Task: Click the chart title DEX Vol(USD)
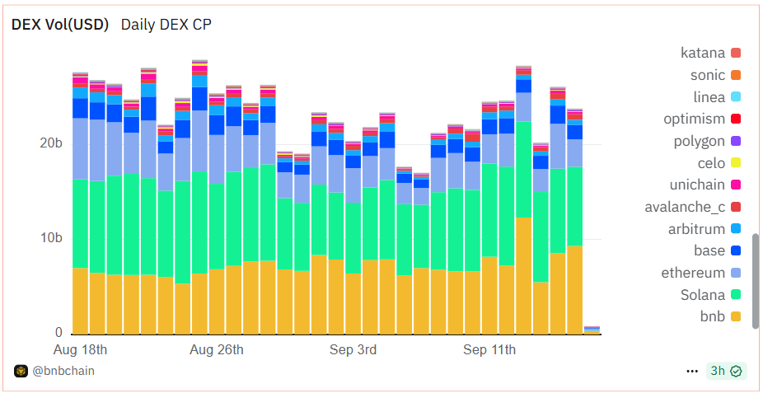pos(59,25)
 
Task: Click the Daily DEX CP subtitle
pos(166,25)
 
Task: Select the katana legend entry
pos(703,54)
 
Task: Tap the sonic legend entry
pos(708,76)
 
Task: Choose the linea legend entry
pos(708,97)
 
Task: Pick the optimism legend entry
pos(695,119)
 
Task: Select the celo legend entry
pos(711,163)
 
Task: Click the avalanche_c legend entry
pos(685,207)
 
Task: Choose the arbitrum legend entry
pos(696,229)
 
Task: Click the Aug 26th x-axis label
pos(217,350)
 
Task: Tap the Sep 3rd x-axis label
pos(353,350)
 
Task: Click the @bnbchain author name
pos(63,371)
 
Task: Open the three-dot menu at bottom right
pos(692,371)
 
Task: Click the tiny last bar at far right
pos(592,330)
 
